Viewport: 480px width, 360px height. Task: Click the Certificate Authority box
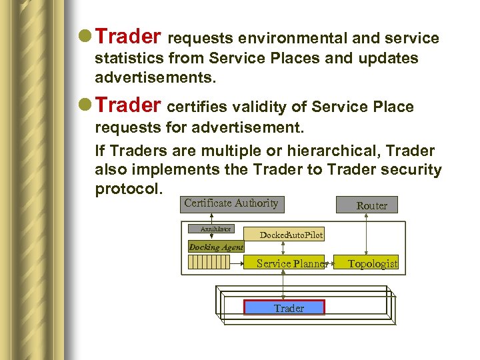point(231,204)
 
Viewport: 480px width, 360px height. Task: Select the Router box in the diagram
point(371,205)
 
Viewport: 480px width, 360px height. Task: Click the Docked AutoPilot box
point(291,235)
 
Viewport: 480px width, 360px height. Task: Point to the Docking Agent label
point(216,247)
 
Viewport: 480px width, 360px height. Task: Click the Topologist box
point(372,264)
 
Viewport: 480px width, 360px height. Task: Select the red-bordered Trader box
point(284,308)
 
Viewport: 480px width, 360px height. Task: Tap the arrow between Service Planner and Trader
point(284,285)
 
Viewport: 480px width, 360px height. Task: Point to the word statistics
point(130,59)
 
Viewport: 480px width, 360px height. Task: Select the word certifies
point(197,107)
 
